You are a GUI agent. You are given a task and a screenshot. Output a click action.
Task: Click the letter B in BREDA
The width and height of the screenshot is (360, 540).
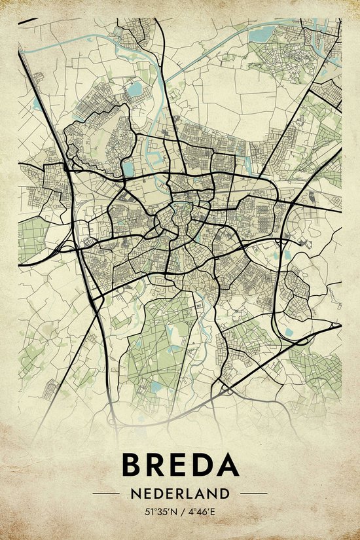click(x=134, y=465)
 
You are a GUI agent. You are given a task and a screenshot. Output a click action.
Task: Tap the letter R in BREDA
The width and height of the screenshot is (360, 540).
click(x=161, y=465)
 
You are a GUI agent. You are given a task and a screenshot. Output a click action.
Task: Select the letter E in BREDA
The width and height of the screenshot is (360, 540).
click(x=186, y=465)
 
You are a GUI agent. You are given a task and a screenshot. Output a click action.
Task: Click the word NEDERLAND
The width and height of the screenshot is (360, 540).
click(x=180, y=493)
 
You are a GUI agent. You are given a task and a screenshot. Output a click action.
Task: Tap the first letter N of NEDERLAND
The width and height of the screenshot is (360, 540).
click(x=134, y=493)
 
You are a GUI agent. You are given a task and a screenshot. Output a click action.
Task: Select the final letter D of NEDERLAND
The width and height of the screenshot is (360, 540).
click(x=226, y=493)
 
